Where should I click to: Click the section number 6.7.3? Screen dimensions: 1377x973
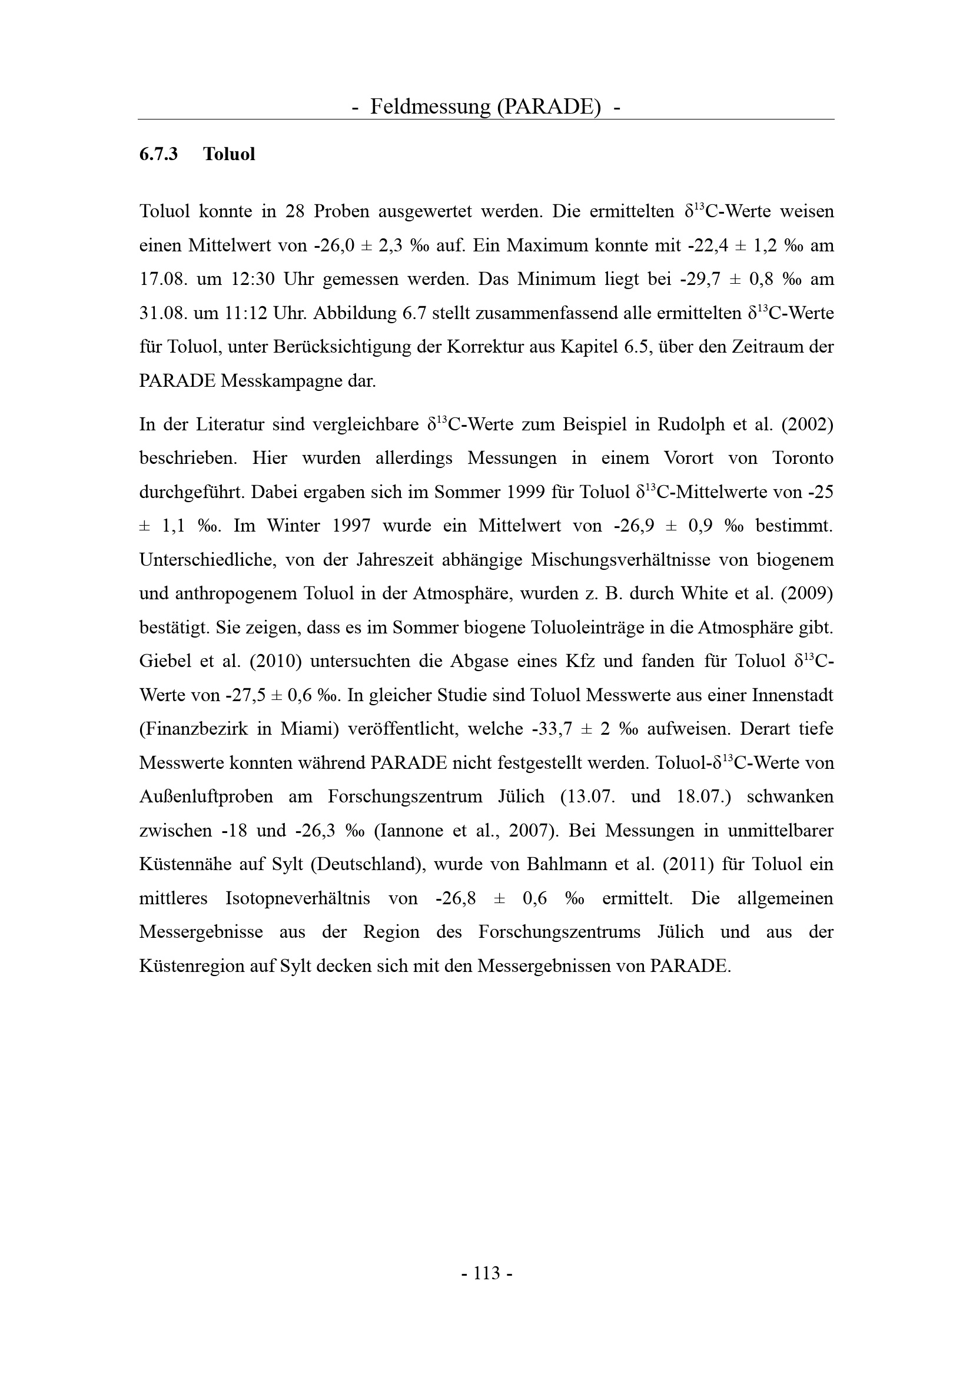point(159,155)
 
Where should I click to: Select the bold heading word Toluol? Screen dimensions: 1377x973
point(229,155)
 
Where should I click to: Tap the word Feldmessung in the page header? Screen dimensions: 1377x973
point(430,107)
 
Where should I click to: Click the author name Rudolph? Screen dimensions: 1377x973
point(690,424)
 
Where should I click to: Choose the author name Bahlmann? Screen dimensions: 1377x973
point(564,865)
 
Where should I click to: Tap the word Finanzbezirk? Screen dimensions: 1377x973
point(193,729)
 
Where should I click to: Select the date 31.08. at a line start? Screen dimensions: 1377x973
point(161,313)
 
